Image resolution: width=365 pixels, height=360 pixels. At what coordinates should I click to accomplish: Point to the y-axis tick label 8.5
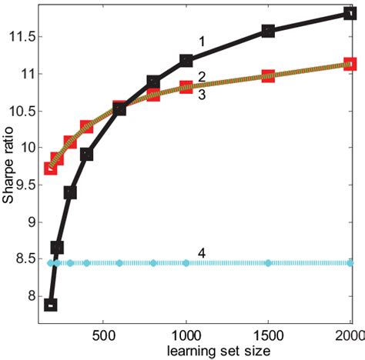click(x=25, y=258)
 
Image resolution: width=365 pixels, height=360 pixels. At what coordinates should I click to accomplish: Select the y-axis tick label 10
click(x=28, y=148)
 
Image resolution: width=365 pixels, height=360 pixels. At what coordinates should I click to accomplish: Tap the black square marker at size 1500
click(x=268, y=31)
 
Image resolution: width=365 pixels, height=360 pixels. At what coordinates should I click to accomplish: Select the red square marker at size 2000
click(x=350, y=64)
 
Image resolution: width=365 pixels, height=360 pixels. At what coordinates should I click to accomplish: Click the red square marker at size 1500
click(x=268, y=76)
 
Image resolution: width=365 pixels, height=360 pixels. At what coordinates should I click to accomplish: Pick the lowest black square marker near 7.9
click(x=51, y=305)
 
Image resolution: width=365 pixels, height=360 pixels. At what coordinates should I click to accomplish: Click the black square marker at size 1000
click(x=186, y=60)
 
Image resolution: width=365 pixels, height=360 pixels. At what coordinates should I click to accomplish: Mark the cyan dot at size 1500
click(x=268, y=263)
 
